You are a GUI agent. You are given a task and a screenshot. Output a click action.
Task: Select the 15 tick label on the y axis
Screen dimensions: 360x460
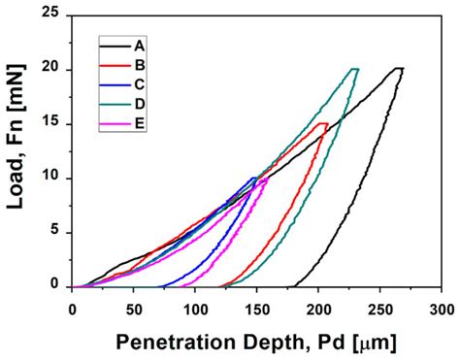tap(56, 124)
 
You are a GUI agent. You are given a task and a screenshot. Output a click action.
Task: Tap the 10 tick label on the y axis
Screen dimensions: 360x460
tap(56, 179)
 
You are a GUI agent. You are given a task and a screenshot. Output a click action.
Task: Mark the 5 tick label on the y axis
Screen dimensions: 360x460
tap(60, 233)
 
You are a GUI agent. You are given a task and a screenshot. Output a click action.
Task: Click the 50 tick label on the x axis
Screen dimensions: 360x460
tap(134, 308)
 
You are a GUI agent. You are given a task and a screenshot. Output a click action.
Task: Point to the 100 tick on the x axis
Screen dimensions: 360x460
tap(195, 308)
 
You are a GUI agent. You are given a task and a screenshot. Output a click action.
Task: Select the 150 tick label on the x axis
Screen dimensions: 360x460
tap(257, 308)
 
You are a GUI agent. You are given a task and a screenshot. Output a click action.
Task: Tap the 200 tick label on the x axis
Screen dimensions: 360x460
tap(318, 308)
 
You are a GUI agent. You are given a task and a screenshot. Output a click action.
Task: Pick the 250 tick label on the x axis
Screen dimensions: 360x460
tap(380, 308)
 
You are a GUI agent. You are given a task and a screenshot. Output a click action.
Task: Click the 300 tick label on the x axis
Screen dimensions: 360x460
tap(442, 308)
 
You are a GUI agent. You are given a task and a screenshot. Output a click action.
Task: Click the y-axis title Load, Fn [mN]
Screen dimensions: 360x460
tap(19, 150)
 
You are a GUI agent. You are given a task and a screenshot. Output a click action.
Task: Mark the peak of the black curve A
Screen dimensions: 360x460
tap(399, 69)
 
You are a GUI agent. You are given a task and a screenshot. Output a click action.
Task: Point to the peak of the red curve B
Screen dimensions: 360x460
tap(324, 123)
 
